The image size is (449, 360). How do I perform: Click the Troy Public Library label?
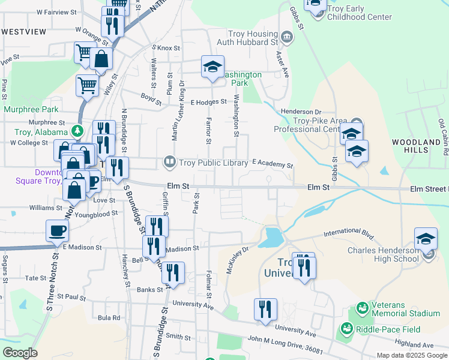pyautogui.click(x=214, y=163)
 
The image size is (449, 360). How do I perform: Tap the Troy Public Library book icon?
pyautogui.click(x=169, y=162)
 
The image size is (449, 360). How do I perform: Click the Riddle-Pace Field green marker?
pyautogui.click(x=346, y=329)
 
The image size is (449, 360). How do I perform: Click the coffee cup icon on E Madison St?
pyautogui.click(x=58, y=230)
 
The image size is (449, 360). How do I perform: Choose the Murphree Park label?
pyautogui.click(x=31, y=109)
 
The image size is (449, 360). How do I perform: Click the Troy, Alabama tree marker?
pyautogui.click(x=77, y=131)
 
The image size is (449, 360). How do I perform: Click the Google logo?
pyautogui.click(x=20, y=353)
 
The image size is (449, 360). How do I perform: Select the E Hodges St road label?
pyautogui.click(x=208, y=103)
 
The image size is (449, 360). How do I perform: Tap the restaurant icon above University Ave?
pyautogui.click(x=265, y=309)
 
